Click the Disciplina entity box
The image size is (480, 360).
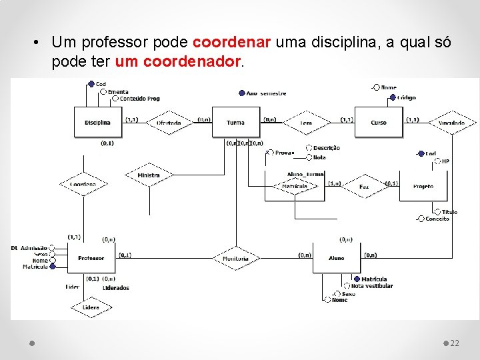coord(97,123)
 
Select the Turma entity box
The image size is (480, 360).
coord(235,123)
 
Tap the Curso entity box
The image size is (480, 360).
coord(379,123)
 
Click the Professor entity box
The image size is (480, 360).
coord(91,258)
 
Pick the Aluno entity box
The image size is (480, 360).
coord(337,258)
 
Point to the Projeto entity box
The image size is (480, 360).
coord(423,187)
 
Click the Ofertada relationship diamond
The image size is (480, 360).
coord(169,123)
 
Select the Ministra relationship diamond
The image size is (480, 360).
coord(149,175)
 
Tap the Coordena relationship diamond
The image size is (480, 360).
coord(83,184)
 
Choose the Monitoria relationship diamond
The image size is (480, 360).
coord(235,258)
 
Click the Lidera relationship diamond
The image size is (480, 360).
coord(91,307)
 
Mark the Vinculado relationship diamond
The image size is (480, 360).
coord(452,123)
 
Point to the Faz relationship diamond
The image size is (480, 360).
coord(364,187)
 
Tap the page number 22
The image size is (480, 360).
coord(455,343)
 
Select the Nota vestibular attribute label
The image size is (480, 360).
coord(371,286)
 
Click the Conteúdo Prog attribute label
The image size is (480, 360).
coord(139,99)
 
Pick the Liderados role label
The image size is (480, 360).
coord(116,288)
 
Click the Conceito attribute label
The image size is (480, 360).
coord(437,219)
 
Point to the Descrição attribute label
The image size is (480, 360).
coord(327,148)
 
